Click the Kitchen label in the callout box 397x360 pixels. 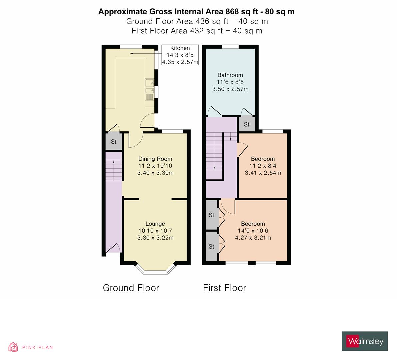(x=180, y=48)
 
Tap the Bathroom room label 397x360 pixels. (x=230, y=75)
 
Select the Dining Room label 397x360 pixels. (x=155, y=159)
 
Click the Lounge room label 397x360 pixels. (x=155, y=224)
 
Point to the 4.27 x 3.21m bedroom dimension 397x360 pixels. (x=253, y=238)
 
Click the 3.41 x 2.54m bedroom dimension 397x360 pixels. (x=263, y=173)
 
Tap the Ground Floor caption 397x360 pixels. (x=131, y=288)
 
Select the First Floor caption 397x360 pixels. (x=224, y=288)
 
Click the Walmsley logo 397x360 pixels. (x=365, y=341)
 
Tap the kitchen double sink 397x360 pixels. (x=149, y=86)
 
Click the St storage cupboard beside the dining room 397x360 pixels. (x=113, y=142)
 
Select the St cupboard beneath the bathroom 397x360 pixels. (x=246, y=124)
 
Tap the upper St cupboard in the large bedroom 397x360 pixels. (x=211, y=215)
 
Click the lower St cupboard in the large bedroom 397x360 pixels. (x=211, y=247)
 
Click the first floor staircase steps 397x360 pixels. (x=214, y=155)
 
